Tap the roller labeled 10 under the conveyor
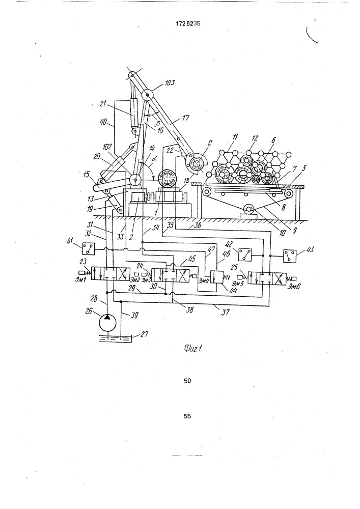[x=249, y=209]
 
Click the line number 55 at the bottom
[x=187, y=416]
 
